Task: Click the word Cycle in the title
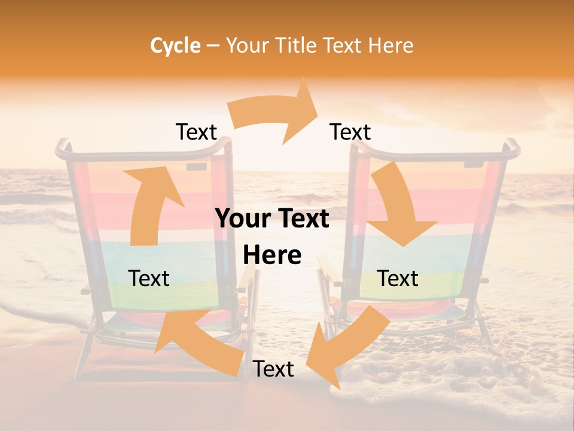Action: click(175, 45)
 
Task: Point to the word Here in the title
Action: click(391, 45)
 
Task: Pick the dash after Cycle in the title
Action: click(212, 45)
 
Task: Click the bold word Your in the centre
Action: click(243, 219)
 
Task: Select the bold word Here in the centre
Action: click(272, 256)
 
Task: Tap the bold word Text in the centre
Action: click(303, 219)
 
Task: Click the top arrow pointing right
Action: click(275, 114)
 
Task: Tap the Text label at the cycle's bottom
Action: click(273, 369)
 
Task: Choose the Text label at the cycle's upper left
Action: click(196, 132)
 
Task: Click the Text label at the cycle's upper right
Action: click(350, 132)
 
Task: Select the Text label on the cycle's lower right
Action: click(398, 278)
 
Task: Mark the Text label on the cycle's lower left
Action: click(149, 278)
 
